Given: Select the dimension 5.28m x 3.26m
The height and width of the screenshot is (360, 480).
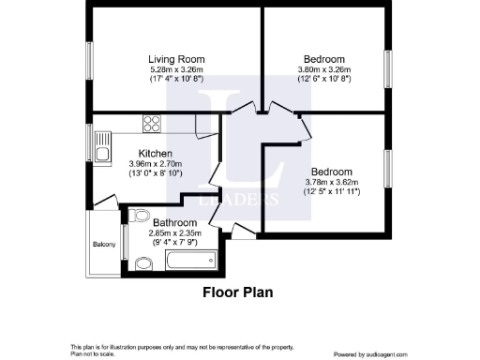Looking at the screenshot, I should tap(176, 68).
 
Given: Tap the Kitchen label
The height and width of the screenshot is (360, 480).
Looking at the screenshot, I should tap(155, 153).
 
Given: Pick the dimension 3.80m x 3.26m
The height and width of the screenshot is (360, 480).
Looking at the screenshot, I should tap(324, 68).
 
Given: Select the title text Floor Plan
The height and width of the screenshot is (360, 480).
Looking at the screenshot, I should tap(238, 292).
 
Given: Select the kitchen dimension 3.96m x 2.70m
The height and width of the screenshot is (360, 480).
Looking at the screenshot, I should tap(155, 163).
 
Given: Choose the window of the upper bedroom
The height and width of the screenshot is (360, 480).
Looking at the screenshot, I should tap(387, 67).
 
